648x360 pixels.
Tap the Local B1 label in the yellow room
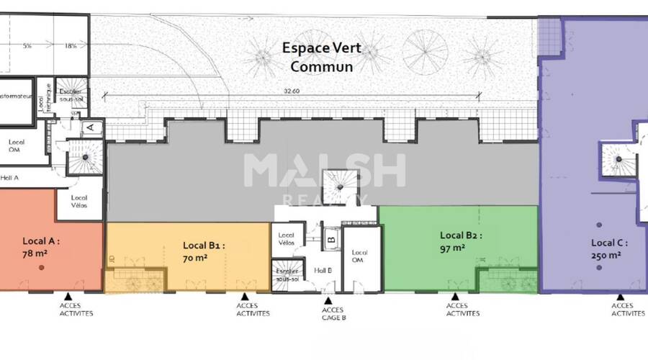[x=204, y=245]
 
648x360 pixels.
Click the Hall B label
[x=323, y=270]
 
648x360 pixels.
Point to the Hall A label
[x=10, y=177]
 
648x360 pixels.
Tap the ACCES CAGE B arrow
[x=328, y=301]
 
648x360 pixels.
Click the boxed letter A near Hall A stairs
[x=91, y=127]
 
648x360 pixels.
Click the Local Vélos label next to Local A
[x=79, y=202]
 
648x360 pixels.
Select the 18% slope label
[x=71, y=46]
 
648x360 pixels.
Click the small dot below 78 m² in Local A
[x=42, y=268]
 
